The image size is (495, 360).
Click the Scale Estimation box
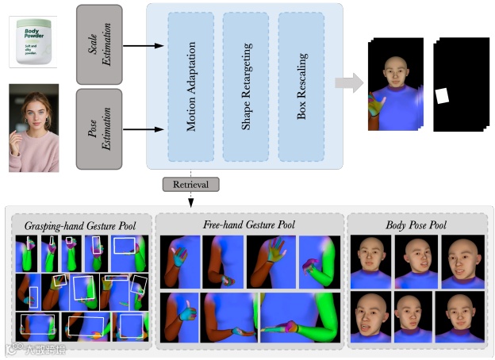pyautogui.click(x=99, y=44)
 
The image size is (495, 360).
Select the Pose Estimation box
pyautogui.click(x=99, y=128)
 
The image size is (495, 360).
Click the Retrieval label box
pyautogui.click(x=191, y=185)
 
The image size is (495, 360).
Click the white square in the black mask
pyautogui.click(x=443, y=97)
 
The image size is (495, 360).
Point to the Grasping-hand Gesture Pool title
pyautogui.click(x=79, y=226)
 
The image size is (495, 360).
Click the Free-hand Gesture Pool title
pyautogui.click(x=249, y=226)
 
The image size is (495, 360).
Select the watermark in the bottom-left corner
pyautogui.click(x=36, y=349)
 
